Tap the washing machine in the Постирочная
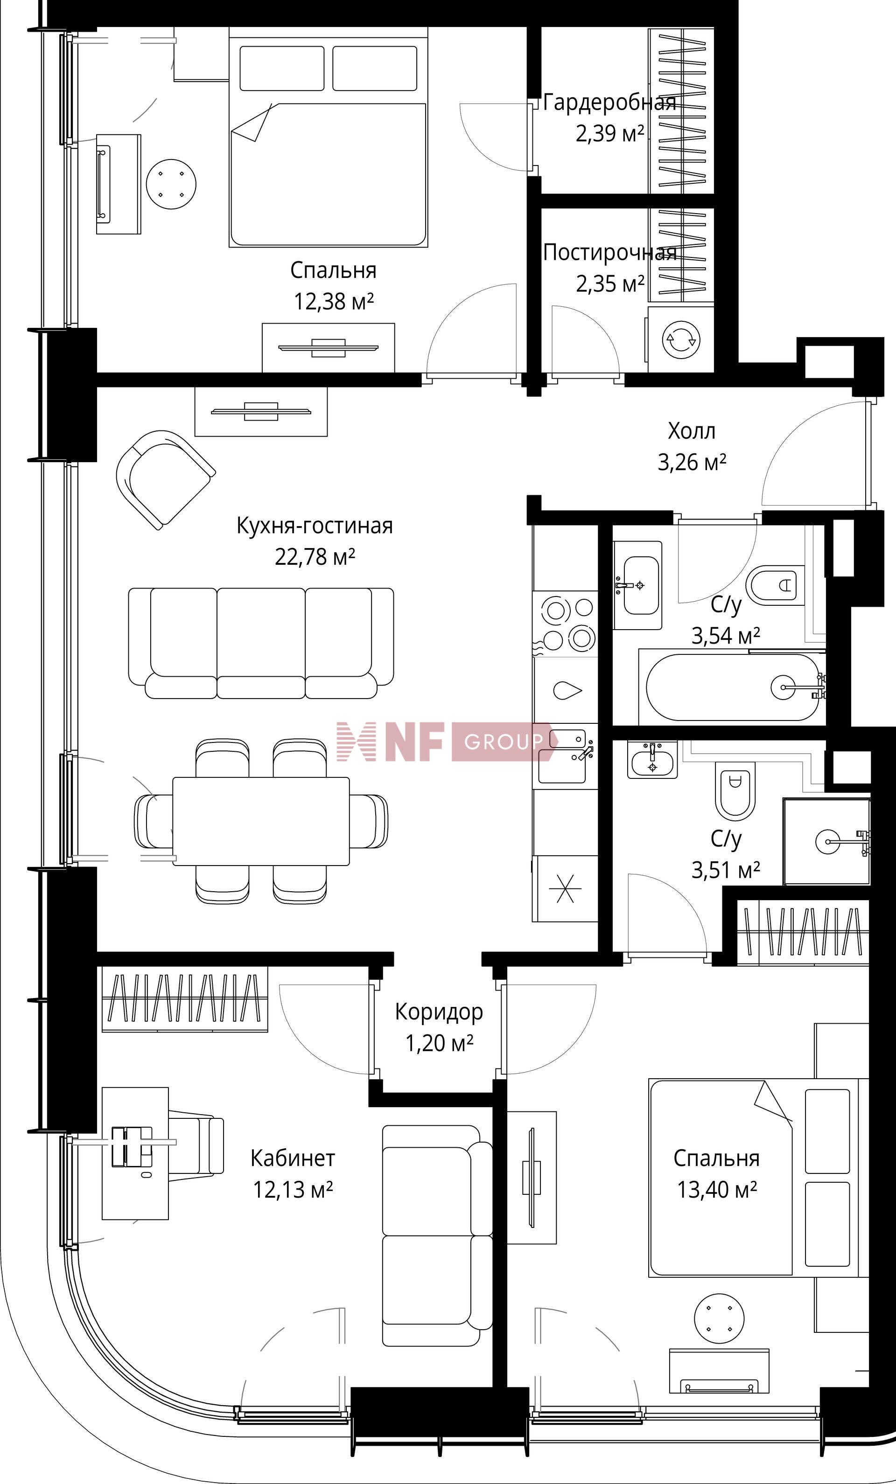click(x=681, y=339)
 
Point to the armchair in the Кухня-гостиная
click(x=165, y=479)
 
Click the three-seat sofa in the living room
click(x=261, y=643)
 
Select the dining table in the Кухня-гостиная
click(x=261, y=821)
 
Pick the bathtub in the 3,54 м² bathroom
click(x=732, y=687)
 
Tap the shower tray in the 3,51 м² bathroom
click(x=827, y=841)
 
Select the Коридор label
click(x=439, y=1012)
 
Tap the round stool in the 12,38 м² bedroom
click(x=172, y=184)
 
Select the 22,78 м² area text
click(x=315, y=556)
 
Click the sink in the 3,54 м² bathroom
click(x=638, y=585)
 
